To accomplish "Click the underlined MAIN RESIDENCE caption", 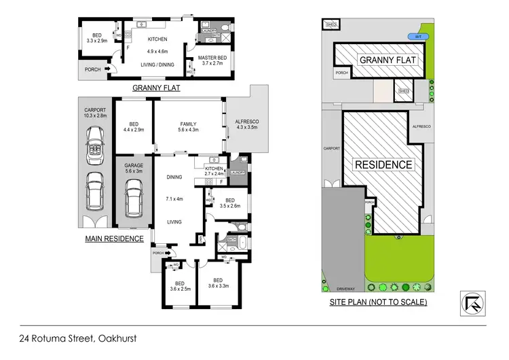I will click(114, 238).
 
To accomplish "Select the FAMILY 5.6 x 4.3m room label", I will click(188, 127).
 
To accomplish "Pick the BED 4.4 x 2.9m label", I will click(133, 127).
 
